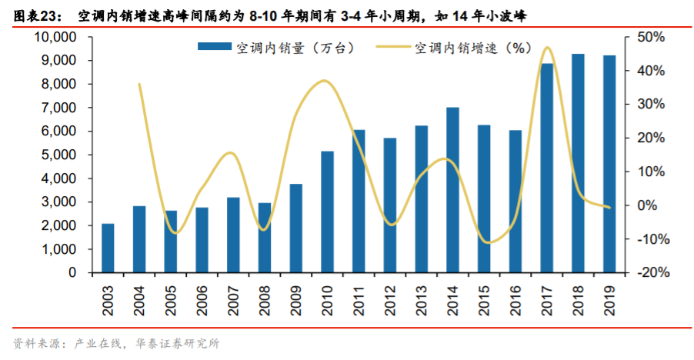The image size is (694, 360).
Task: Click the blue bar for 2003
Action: (x=108, y=248)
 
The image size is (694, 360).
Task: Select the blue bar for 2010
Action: (x=328, y=212)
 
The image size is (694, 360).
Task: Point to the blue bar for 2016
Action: (x=515, y=202)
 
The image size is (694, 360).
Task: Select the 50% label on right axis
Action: (x=649, y=37)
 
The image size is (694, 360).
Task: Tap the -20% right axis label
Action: (x=648, y=273)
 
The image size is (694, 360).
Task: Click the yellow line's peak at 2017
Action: (x=547, y=48)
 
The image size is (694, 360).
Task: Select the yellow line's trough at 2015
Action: (x=486, y=242)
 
